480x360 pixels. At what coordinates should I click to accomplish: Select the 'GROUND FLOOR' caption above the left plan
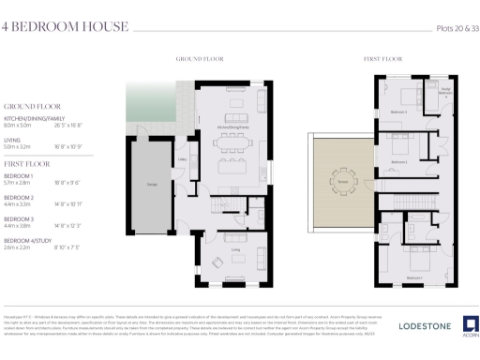pyautogui.click(x=199, y=59)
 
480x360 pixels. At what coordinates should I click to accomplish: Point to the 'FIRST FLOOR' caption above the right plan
pyautogui.click(x=377, y=59)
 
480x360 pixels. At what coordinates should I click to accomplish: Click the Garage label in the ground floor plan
pyautogui.click(x=150, y=183)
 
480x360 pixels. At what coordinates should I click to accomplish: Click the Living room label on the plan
pyautogui.click(x=231, y=250)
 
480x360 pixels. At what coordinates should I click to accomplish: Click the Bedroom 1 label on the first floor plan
pyautogui.click(x=412, y=277)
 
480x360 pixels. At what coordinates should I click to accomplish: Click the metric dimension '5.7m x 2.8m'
pyautogui.click(x=22, y=185)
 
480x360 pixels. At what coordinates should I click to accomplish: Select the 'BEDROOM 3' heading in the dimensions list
pyautogui.click(x=19, y=218)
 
